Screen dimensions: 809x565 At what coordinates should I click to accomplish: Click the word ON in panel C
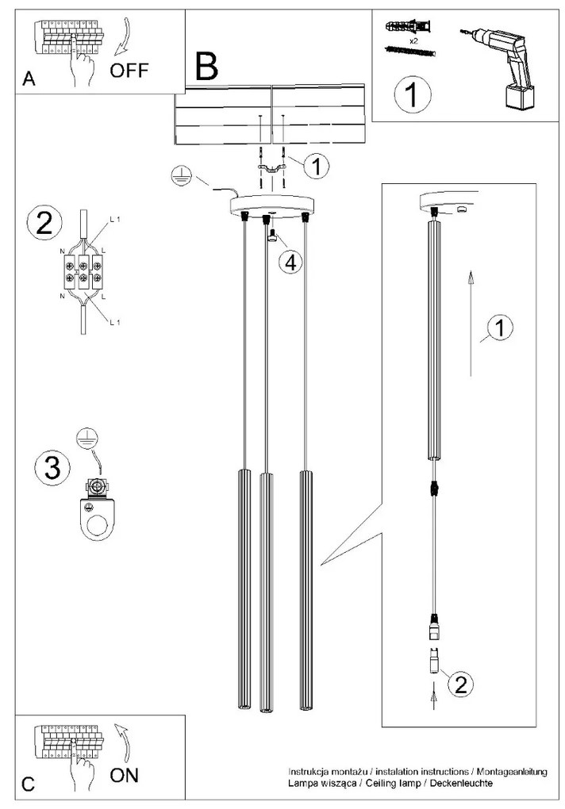[124, 776]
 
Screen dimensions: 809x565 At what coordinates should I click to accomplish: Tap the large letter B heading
[206, 67]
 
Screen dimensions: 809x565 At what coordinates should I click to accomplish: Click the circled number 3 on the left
[52, 466]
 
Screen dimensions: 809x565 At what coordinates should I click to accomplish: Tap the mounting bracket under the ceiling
[273, 167]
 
